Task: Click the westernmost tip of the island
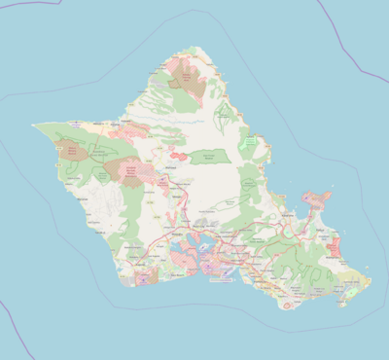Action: [x=33, y=126]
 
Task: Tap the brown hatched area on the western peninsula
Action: [x=70, y=150]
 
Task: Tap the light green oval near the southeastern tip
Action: [x=351, y=283]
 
